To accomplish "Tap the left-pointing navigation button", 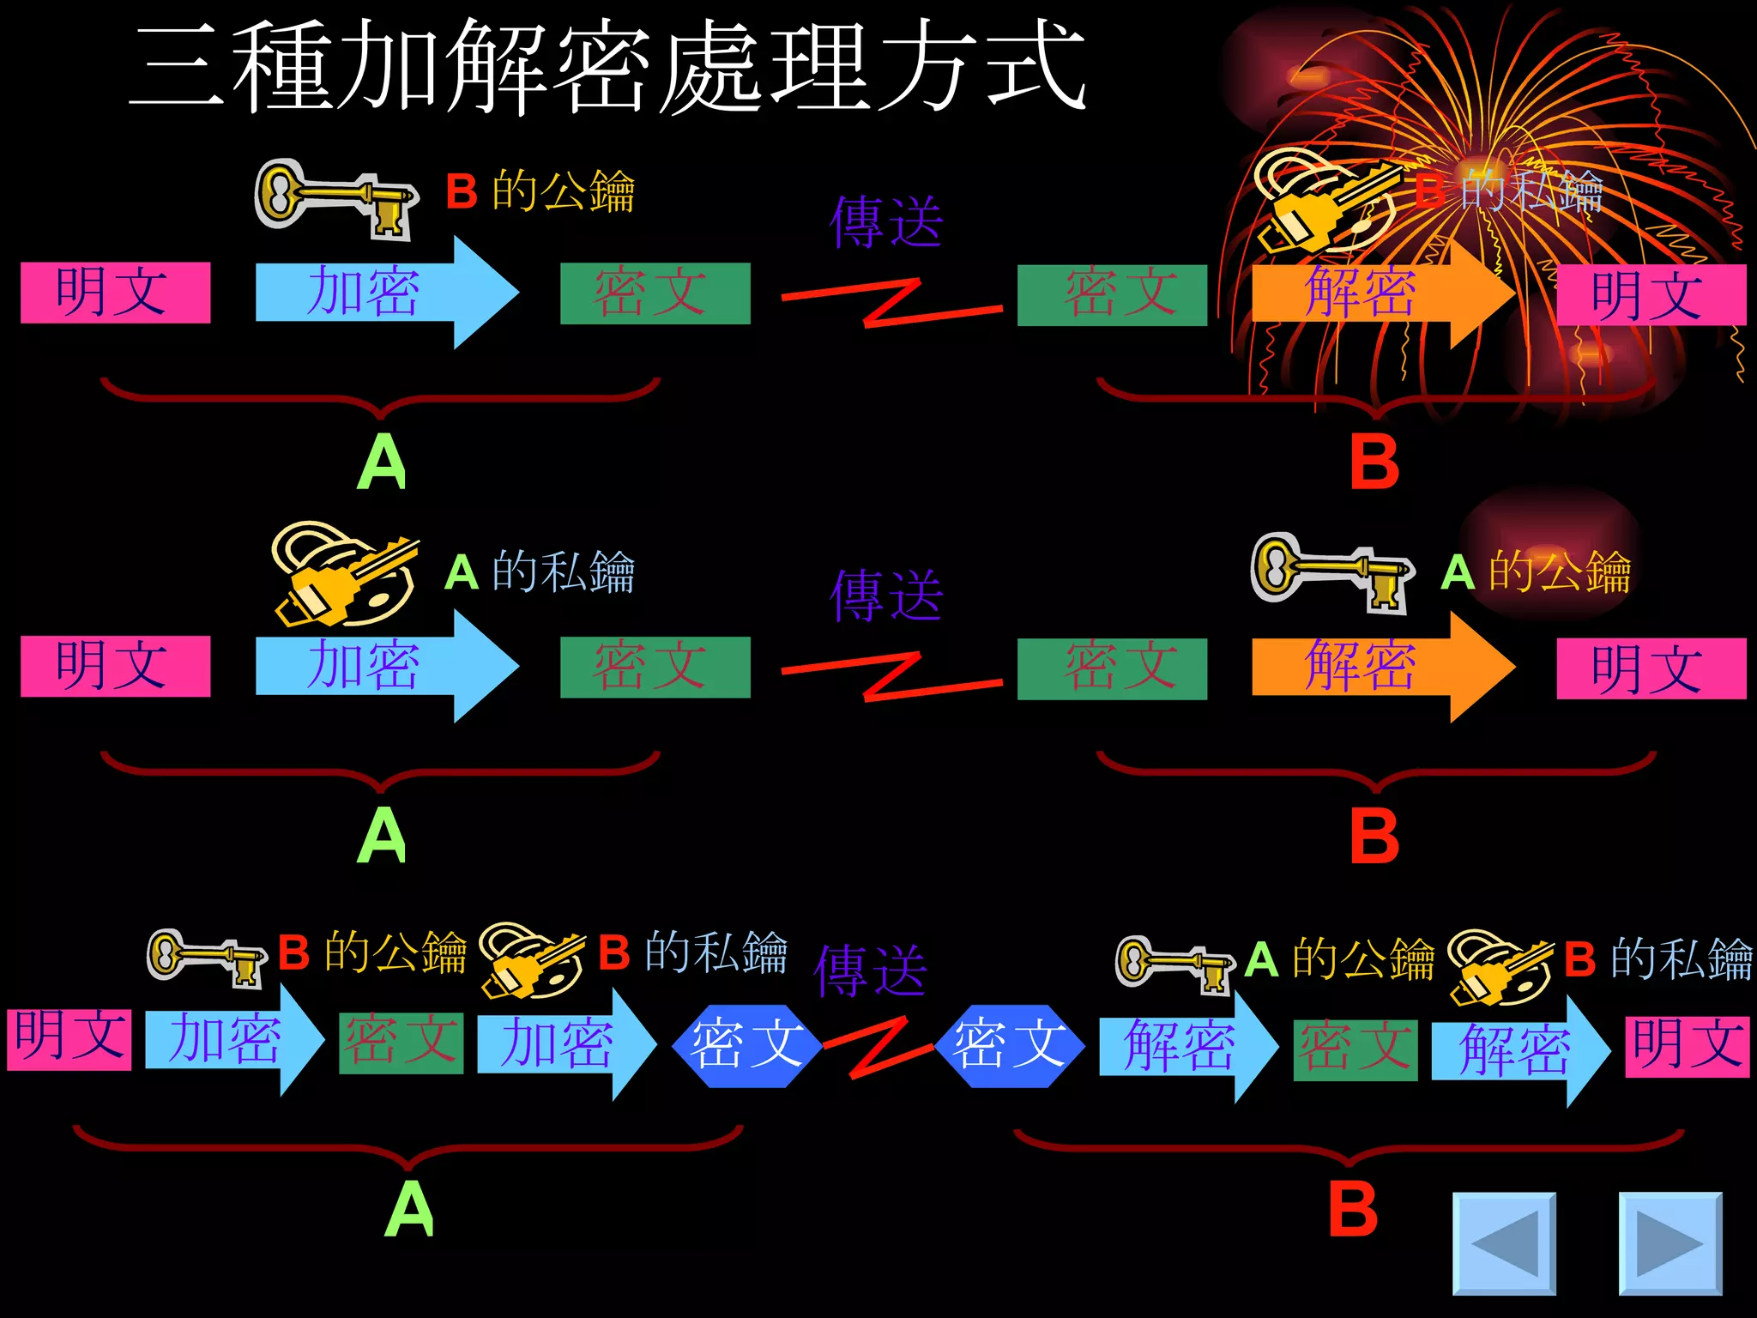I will pyautogui.click(x=1504, y=1242).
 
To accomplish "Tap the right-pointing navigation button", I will pyautogui.click(x=1669, y=1242).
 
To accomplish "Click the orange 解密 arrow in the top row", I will pyautogui.click(x=1373, y=293).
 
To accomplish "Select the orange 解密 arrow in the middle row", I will pyautogui.click(x=1373, y=666).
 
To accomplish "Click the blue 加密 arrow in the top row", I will pyautogui.click(x=377, y=293).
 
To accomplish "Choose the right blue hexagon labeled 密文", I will pyautogui.click(x=1009, y=1045).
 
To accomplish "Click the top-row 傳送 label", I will pyautogui.click(x=886, y=221).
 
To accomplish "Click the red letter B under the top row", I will pyautogui.click(x=1374, y=462).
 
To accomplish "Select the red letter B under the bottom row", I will pyautogui.click(x=1353, y=1208).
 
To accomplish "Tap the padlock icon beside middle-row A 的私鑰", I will pyautogui.click(x=343, y=573).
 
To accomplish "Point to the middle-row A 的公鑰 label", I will pyautogui.click(x=1536, y=571).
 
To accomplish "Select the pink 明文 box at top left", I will pyautogui.click(x=115, y=293).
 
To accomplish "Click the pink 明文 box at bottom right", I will pyautogui.click(x=1687, y=1046).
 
